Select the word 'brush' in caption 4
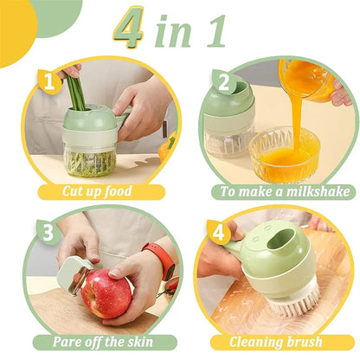304,343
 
